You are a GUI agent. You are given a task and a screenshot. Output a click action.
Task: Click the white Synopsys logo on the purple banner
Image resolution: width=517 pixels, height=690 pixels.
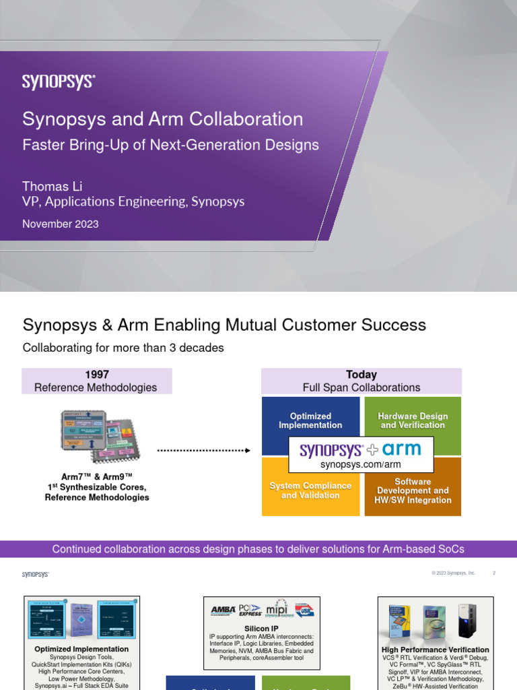[x=59, y=82]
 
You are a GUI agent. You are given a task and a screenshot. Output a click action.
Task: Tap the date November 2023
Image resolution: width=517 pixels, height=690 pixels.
[x=61, y=224]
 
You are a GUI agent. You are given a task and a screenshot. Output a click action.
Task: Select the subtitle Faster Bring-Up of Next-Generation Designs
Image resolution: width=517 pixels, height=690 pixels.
[x=170, y=144]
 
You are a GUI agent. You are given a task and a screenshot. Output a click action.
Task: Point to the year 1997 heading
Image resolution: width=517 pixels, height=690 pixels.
[x=97, y=375]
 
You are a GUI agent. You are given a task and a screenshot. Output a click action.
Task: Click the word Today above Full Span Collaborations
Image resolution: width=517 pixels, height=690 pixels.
[x=361, y=375]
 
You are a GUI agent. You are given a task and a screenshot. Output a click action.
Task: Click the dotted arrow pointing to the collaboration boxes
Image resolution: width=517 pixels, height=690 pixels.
[x=203, y=450]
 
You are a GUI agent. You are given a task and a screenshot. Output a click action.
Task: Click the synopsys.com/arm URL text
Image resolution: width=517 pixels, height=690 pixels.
[x=360, y=464]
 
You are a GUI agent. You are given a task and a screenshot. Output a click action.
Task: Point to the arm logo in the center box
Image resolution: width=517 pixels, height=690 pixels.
[x=402, y=449]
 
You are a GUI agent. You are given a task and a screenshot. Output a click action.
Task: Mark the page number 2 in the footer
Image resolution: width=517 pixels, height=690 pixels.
[x=494, y=573]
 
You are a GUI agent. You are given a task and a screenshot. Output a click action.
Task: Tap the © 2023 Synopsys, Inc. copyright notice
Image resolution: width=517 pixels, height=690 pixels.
[x=454, y=573]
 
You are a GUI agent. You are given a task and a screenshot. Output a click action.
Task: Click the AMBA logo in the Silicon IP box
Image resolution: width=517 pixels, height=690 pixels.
[x=223, y=610]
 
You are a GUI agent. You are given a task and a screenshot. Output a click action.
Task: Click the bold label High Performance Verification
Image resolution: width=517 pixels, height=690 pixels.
[x=435, y=650]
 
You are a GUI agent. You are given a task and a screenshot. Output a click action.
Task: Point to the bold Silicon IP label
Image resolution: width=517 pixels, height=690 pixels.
[x=262, y=629]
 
